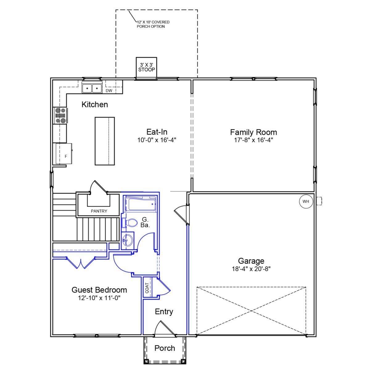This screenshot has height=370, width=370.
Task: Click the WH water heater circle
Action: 306,201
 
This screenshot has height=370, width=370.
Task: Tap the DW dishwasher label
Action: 109,91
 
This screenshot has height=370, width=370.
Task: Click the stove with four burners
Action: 60,115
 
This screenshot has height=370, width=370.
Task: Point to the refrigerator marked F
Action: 64,154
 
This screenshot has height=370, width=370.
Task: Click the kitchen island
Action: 105,141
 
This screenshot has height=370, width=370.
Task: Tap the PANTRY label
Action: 99,211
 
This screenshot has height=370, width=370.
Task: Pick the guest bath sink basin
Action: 127,240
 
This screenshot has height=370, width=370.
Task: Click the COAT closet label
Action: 147,288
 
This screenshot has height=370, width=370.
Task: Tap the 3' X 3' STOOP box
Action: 146,68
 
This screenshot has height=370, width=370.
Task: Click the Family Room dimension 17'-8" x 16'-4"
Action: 253,140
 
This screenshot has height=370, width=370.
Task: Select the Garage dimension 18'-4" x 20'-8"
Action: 251,269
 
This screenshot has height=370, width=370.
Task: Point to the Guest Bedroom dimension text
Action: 99,298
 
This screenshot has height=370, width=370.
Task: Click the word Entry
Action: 164,312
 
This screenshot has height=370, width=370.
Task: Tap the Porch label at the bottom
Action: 165,348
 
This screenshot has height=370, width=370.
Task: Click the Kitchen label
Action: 95,105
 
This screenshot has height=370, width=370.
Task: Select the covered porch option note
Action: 153,24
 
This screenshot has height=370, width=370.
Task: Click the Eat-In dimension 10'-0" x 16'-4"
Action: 157,140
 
